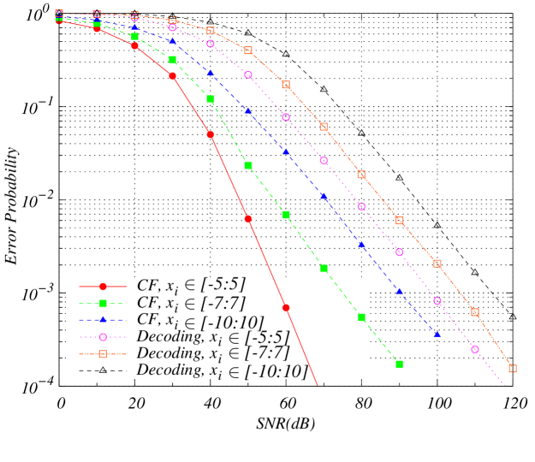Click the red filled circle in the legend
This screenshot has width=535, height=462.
pos(103,287)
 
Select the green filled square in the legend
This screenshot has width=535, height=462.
pos(103,303)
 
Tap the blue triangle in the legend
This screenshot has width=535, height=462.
pos(103,320)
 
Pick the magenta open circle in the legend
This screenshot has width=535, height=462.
pos(103,337)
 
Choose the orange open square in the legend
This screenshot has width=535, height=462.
pos(103,354)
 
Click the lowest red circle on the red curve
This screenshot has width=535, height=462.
pos(286,307)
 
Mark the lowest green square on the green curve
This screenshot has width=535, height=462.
pos(399,364)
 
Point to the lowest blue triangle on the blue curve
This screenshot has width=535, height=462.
pos(437,334)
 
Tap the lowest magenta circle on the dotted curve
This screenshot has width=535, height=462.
pos(475,349)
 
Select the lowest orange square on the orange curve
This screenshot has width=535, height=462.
pos(513,368)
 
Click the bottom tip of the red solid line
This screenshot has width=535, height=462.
pos(318,385)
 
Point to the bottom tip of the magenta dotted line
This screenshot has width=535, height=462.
pos(505,385)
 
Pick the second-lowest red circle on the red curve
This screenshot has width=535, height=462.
pos(248,219)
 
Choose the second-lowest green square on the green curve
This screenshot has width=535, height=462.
pos(361,317)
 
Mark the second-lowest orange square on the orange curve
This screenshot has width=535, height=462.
pos(475,312)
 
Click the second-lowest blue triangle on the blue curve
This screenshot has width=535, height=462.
pos(399,291)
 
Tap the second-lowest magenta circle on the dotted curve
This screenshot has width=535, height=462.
pos(437,301)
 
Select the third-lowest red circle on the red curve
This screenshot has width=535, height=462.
pos(211,134)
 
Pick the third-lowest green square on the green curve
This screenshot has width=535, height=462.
pos(324,268)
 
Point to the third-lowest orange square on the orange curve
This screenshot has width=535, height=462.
pos(437,264)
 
